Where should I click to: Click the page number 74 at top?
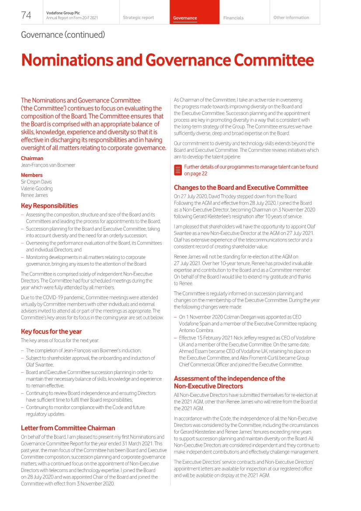click(x=26, y=15)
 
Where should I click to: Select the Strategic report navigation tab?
click(x=138, y=18)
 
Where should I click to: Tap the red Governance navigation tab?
click(x=185, y=18)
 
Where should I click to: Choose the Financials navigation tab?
click(x=233, y=18)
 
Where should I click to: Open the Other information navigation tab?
click(x=291, y=18)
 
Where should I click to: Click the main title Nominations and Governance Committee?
click(x=167, y=60)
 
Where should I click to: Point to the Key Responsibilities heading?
click(x=49, y=206)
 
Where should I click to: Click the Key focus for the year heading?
click(x=51, y=331)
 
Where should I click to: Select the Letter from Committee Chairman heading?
click(x=68, y=428)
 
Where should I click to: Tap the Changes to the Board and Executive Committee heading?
click(x=241, y=187)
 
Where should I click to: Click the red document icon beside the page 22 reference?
click(x=177, y=170)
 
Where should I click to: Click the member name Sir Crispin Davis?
click(x=37, y=182)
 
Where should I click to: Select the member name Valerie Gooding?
click(x=37, y=189)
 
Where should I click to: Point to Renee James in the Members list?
click(x=34, y=195)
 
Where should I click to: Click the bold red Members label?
click(x=32, y=175)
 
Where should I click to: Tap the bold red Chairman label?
click(x=32, y=158)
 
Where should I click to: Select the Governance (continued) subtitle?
click(x=63, y=35)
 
